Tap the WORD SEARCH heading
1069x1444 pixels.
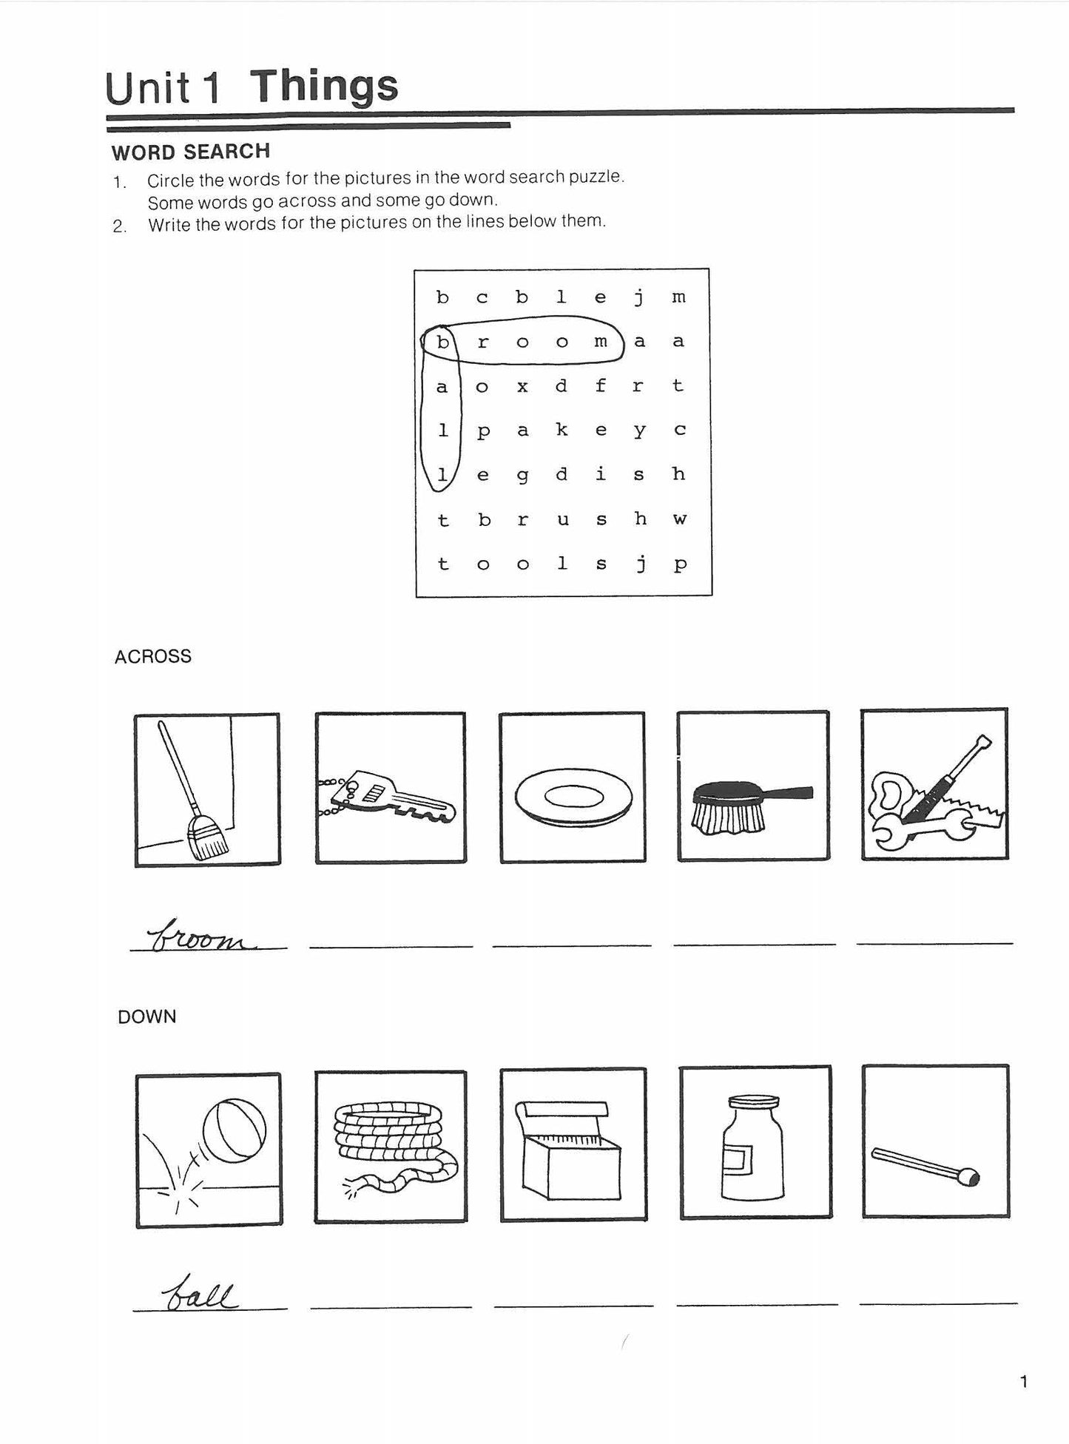pos(190,152)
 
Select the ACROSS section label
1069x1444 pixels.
pos(152,656)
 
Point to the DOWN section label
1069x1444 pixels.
pos(146,1016)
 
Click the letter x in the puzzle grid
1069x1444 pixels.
pos(522,386)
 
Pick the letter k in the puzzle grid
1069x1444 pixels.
pos(562,429)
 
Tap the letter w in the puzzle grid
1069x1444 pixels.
pos(679,519)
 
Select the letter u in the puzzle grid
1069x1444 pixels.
pos(562,519)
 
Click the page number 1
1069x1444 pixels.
pos(1024,1380)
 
